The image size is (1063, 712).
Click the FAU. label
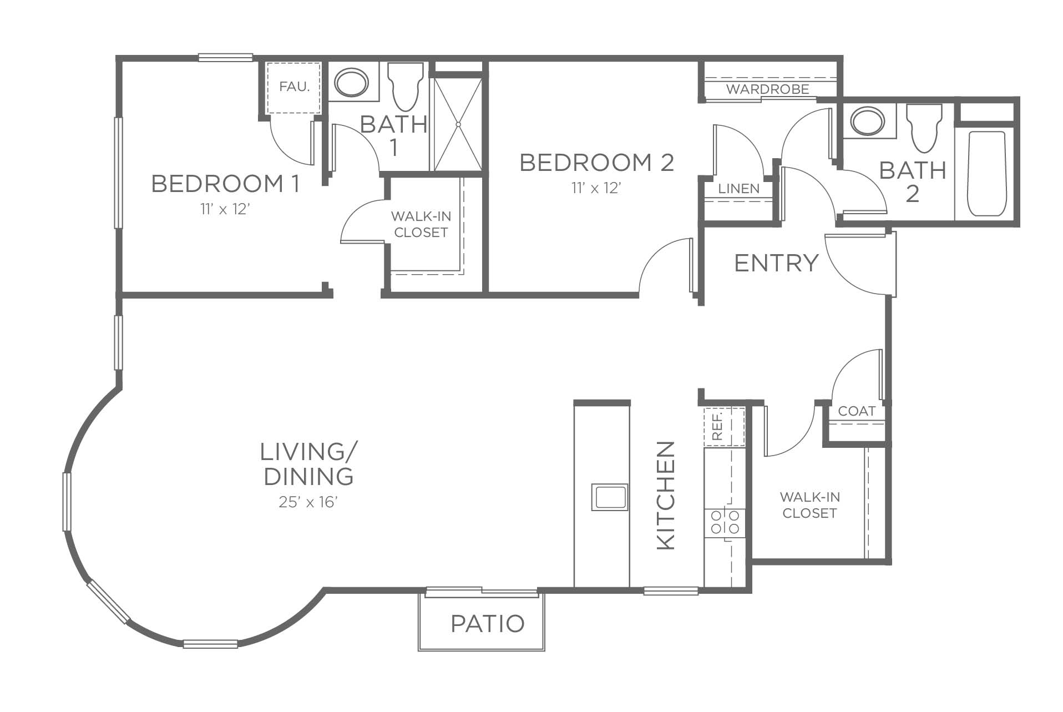[x=294, y=87]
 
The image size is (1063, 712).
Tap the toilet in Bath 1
[x=406, y=87]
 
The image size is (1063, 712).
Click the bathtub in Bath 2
[x=987, y=174]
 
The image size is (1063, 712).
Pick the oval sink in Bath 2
[x=868, y=121]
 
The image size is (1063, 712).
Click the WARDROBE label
[x=767, y=89]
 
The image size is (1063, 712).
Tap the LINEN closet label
[x=738, y=188]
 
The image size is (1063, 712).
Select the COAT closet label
[x=857, y=411]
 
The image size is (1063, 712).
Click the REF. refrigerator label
[x=717, y=426]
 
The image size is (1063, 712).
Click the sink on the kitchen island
[x=610, y=497]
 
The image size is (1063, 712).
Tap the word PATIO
[x=488, y=624]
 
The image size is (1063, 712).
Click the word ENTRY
[x=776, y=263]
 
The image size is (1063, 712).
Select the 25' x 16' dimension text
[x=308, y=502]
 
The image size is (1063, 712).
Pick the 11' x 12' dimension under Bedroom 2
[x=596, y=188]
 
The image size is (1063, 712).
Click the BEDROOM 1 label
[x=225, y=184]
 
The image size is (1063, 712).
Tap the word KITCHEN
[x=666, y=496]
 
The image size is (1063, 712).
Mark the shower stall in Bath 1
[x=458, y=124]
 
